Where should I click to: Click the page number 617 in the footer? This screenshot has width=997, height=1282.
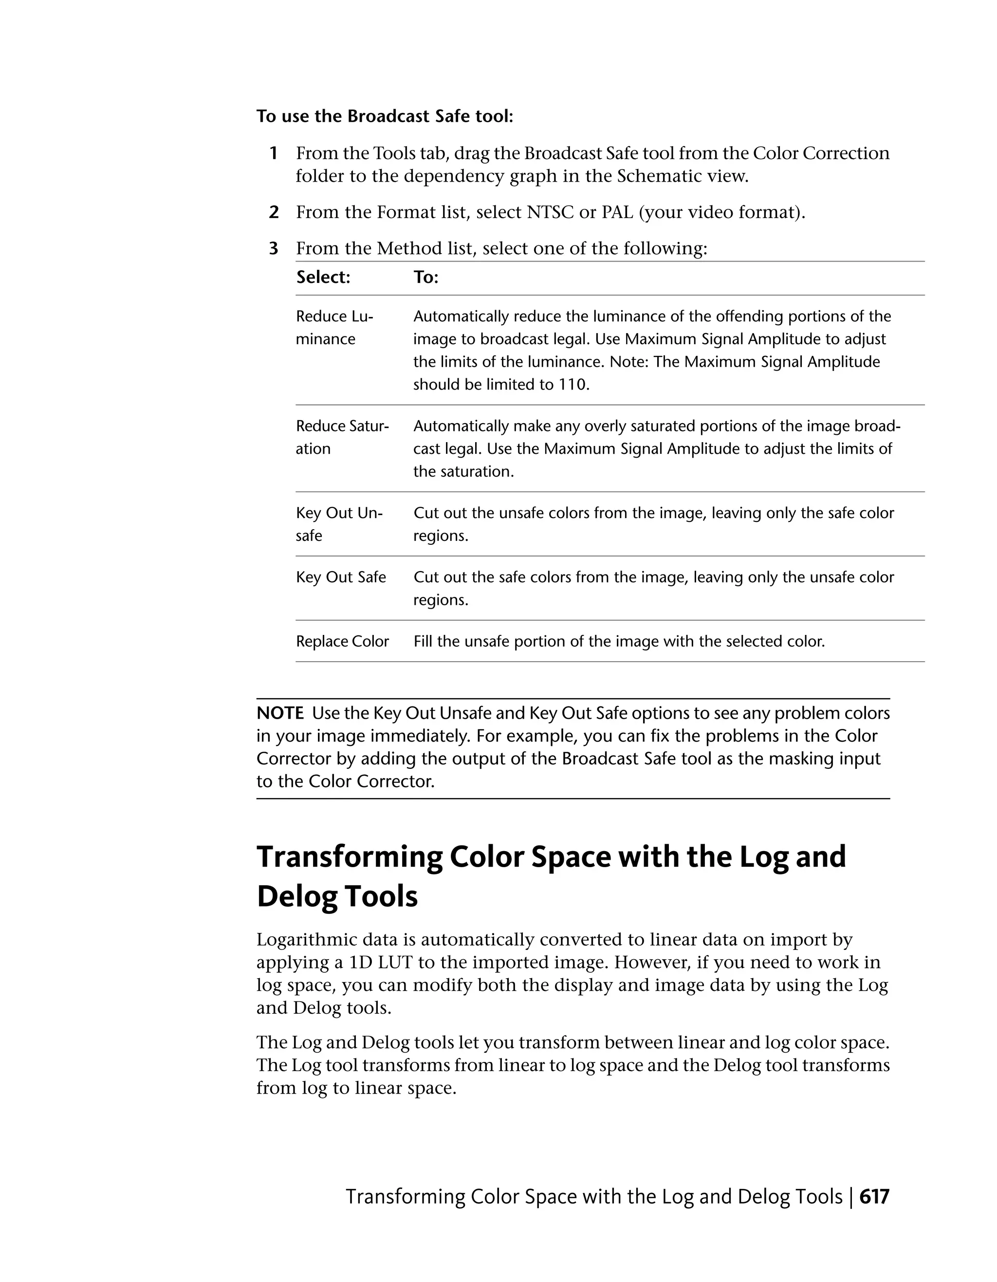pos(874,1196)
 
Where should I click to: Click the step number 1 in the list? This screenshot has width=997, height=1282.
pos(274,153)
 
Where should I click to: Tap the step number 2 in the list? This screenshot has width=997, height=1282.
pos(274,212)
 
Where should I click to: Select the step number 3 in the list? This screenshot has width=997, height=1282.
pos(274,248)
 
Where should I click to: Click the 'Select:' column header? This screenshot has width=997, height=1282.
pos(323,277)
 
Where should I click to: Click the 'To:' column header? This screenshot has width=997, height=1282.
pos(426,277)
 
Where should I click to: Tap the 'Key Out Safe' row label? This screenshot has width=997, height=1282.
pos(340,577)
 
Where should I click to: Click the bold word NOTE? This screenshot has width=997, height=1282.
pos(280,713)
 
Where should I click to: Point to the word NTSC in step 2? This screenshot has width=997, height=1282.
pos(550,212)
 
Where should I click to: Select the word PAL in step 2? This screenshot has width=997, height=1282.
pos(617,212)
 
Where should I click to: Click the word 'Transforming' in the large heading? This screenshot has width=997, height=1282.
pos(349,857)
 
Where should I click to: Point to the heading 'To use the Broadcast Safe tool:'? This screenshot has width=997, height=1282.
pos(385,116)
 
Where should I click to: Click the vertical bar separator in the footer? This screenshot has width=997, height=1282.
pos(851,1196)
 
